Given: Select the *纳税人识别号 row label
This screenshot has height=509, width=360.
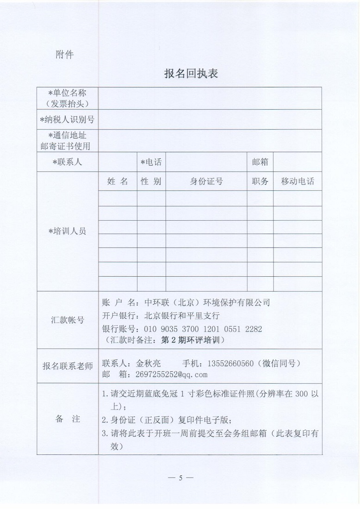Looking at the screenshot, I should point(67,120).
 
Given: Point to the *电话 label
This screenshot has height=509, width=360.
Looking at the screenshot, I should point(151,162).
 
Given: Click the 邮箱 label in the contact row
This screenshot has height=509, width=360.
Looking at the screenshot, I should point(260,162).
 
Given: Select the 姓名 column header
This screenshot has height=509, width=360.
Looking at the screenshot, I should point(118,181).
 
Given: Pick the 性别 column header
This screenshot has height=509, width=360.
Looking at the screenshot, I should point(151,181).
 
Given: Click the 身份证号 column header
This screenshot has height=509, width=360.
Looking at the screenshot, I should point(206,181).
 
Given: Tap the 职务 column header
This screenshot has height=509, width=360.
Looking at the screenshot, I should point(260,181).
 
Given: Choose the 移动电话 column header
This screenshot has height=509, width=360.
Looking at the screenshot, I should point(297,181).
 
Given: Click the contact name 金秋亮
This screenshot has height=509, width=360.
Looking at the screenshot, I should point(147,363).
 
